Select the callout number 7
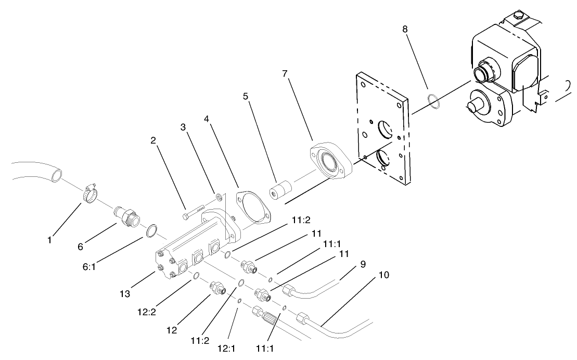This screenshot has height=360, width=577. [285, 73]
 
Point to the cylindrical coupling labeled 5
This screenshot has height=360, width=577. [278, 191]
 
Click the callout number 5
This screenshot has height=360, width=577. [246, 96]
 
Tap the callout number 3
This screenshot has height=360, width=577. [183, 127]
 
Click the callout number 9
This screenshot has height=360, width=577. [362, 264]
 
